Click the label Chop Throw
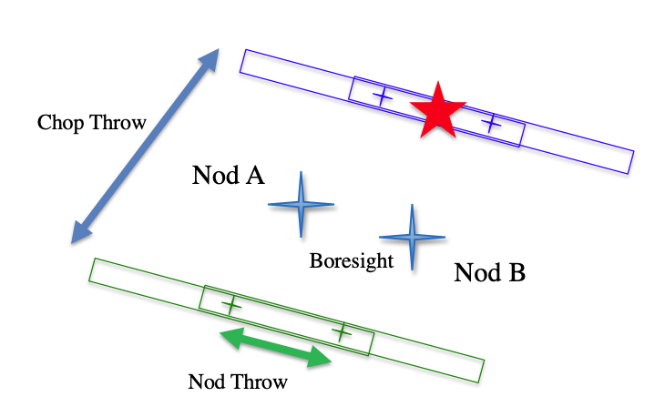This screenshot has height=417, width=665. click(x=92, y=123)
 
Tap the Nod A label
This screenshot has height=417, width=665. click(x=228, y=175)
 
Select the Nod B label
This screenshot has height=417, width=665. click(x=489, y=272)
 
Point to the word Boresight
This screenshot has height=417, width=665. click(x=352, y=260)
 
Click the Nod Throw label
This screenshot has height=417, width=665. click(x=237, y=381)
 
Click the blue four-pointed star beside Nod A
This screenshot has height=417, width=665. click(x=301, y=205)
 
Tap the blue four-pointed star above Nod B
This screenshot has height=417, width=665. click(x=412, y=237)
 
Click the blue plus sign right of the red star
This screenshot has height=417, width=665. click(x=491, y=122)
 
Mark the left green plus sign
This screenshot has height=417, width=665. click(x=232, y=305)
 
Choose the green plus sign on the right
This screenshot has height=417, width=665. click(x=341, y=332)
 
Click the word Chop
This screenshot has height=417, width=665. click(x=56, y=123)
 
